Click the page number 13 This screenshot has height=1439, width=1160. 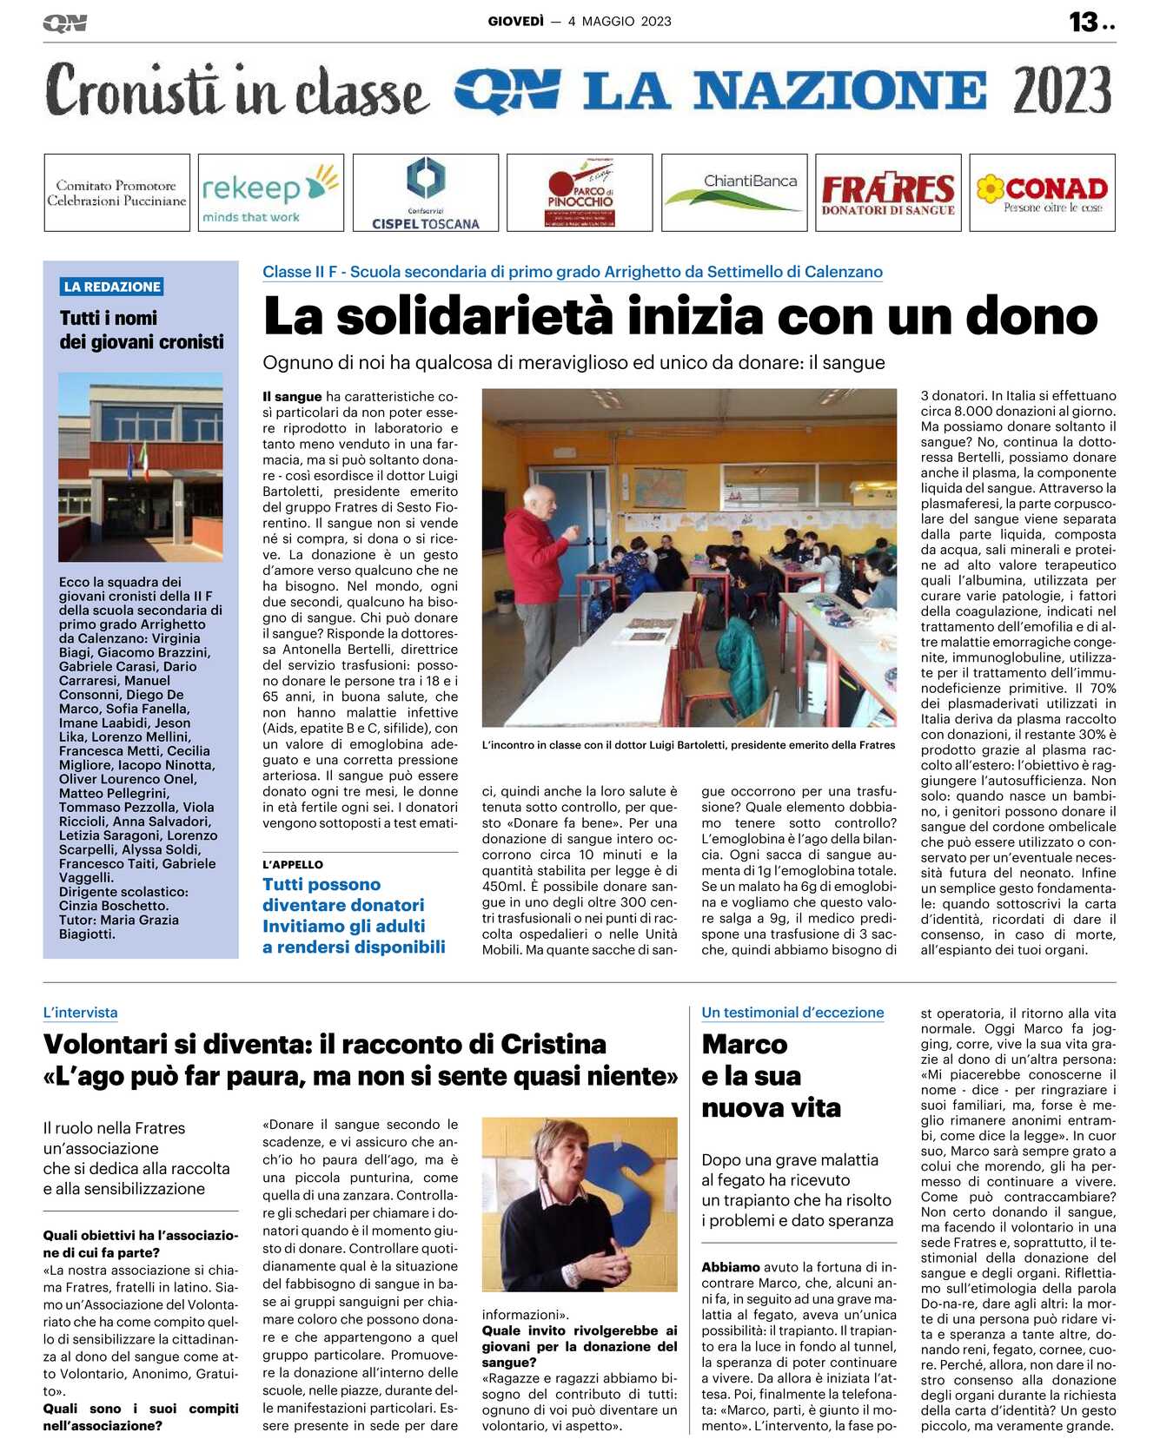[1084, 22]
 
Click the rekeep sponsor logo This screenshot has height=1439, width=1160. [270, 193]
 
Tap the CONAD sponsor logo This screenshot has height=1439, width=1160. [1042, 193]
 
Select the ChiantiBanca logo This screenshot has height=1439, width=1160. [734, 193]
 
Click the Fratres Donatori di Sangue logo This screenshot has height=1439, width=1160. [888, 193]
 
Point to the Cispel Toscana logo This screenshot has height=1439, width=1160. [426, 193]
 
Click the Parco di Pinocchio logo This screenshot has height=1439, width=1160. [580, 193]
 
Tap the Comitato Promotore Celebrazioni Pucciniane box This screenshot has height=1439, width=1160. [116, 193]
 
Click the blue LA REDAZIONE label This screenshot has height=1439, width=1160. [112, 287]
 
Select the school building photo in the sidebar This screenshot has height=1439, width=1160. [141, 466]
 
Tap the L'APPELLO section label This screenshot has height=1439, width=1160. [293, 864]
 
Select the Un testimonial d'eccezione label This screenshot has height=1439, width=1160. [792, 1013]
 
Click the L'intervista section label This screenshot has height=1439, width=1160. [80, 1013]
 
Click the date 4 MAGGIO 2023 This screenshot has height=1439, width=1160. [620, 22]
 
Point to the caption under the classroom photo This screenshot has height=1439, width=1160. [688, 745]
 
